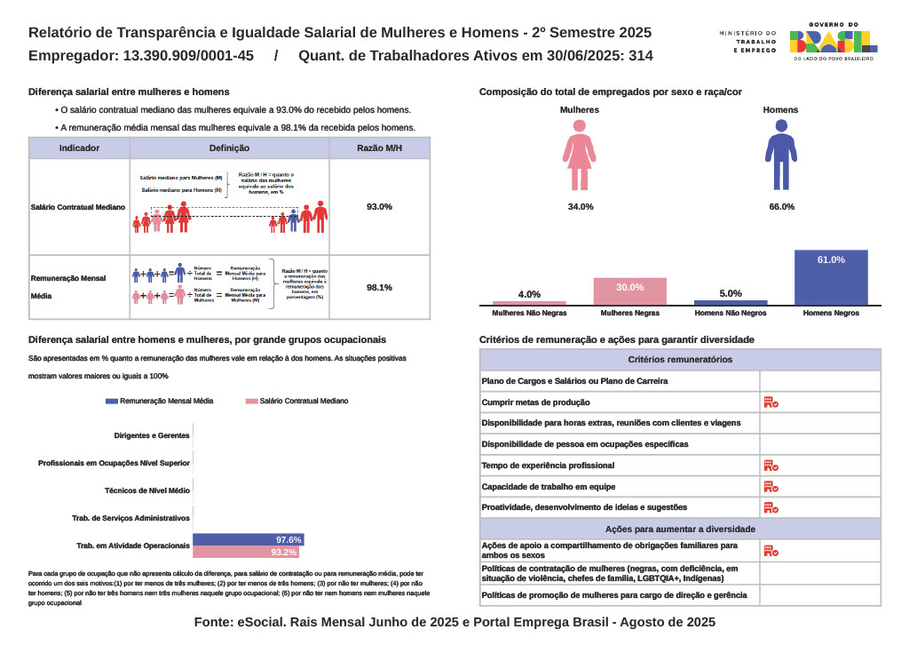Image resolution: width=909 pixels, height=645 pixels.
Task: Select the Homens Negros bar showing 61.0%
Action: tap(830, 278)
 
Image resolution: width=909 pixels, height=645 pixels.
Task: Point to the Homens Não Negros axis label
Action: tap(730, 314)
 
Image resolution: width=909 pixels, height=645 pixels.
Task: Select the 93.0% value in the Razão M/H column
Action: tap(379, 207)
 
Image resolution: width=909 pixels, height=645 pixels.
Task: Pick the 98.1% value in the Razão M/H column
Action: tap(379, 287)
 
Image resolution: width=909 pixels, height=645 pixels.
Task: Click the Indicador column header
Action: tap(79, 148)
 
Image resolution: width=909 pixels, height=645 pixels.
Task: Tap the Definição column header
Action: tap(229, 148)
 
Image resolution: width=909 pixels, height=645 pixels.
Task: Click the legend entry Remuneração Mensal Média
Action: tap(160, 402)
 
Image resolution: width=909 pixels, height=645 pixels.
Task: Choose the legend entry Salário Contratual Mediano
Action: tap(297, 402)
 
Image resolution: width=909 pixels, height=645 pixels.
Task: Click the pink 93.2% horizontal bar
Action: tap(245, 552)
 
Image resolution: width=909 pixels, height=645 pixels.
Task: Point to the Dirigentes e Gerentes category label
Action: tap(152, 436)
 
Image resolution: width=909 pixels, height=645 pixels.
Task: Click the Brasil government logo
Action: tap(834, 41)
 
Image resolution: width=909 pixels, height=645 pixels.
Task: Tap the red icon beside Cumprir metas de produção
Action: tap(771, 402)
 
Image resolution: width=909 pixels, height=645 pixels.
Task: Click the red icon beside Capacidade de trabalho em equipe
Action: tap(771, 487)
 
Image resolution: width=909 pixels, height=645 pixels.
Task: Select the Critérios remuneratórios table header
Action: tap(680, 360)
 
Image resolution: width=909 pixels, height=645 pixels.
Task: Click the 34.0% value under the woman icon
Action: tap(581, 207)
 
